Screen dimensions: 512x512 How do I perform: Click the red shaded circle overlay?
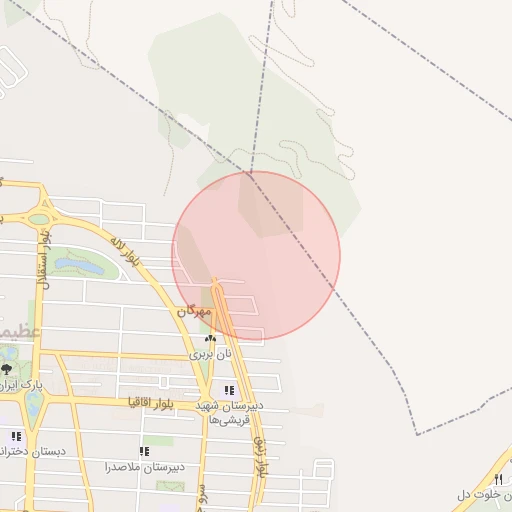coord(256,255)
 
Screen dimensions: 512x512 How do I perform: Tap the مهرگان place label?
coord(196,312)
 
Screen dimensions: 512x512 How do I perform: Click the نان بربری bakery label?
coord(211,354)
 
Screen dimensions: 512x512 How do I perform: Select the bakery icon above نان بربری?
coord(210,339)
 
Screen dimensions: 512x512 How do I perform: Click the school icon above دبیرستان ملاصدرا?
coord(143,451)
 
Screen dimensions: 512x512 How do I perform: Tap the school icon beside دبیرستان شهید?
coord(229,391)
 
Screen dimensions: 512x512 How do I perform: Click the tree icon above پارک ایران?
coord(7,369)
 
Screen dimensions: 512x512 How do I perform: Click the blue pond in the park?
coord(77,265)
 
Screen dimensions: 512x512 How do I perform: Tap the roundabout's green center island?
coord(39,218)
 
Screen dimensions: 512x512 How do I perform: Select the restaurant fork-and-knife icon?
coord(498,479)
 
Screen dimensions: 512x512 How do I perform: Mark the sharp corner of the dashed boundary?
coord(417,434)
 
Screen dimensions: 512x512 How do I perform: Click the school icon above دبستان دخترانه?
coord(15,436)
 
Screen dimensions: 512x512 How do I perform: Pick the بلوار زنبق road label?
coord(258,455)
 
